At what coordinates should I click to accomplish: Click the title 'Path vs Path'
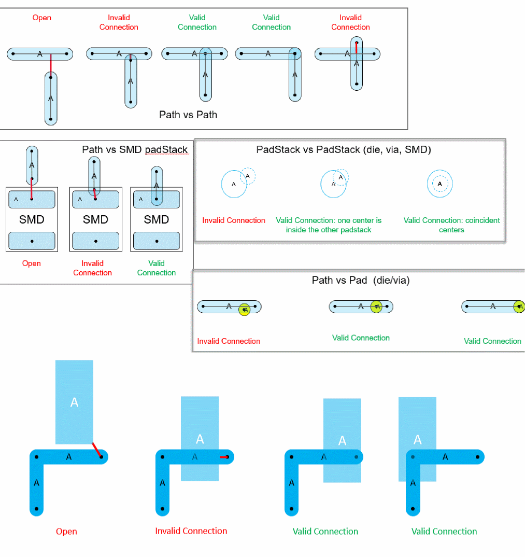188,115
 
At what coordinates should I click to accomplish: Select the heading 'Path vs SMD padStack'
135,150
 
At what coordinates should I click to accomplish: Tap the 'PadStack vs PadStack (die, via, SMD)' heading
344,150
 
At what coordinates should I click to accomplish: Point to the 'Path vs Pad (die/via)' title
361,281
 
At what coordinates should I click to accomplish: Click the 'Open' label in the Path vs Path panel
42,18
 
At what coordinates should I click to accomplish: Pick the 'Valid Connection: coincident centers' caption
451,225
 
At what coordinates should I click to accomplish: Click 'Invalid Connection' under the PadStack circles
234,220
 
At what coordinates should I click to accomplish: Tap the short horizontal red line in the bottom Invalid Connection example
224,457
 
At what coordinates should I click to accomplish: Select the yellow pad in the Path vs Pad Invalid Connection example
245,310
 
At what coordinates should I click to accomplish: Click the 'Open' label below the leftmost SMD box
32,263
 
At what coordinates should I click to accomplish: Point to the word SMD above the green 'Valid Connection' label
157,219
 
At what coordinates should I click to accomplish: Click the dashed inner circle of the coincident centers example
440,184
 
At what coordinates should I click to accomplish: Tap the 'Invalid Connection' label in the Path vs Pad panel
229,341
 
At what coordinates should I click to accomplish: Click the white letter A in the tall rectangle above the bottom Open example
74,402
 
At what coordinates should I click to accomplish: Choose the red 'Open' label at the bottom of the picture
66,532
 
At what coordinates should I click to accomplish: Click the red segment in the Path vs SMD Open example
32,189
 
